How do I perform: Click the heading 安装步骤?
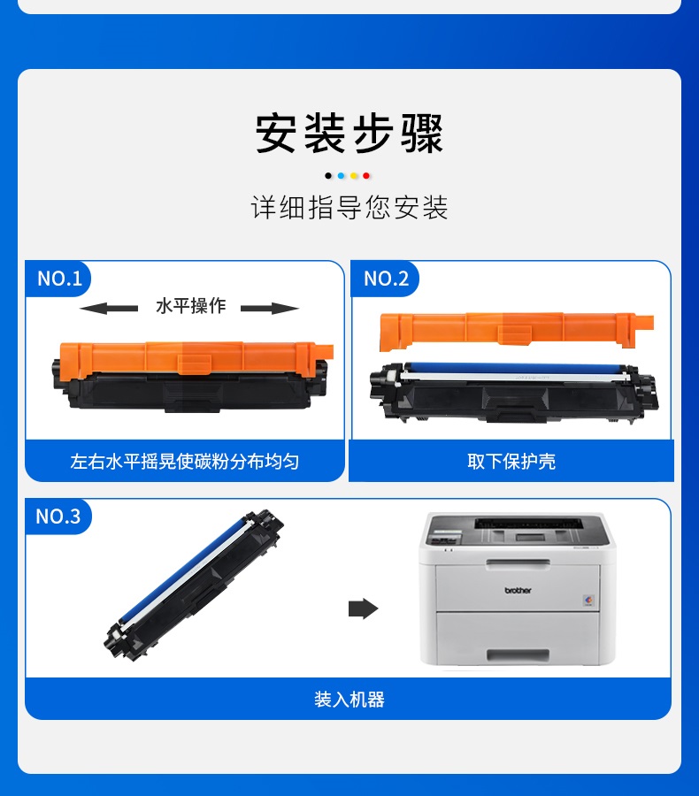coord(349,134)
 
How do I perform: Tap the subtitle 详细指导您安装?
coord(349,207)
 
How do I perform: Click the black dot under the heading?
coord(328,176)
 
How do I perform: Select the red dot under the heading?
coord(366,176)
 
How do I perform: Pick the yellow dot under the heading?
coord(354,176)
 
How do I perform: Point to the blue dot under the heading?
coord(341,176)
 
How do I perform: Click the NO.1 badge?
coord(59,279)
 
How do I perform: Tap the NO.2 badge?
coord(386,279)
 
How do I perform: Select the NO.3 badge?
coord(58,517)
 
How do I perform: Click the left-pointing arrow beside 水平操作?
coord(109,308)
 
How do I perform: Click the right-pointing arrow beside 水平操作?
coord(270,308)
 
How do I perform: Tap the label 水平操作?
coord(190,306)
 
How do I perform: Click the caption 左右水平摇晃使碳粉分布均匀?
coord(184,462)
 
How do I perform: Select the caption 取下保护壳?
coord(511,462)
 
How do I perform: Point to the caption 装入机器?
coord(349,700)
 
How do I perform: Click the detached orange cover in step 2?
coord(517,331)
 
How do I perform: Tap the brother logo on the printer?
coord(518,591)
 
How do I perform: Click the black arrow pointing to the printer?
coord(364,608)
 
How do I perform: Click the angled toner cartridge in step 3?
coord(194,585)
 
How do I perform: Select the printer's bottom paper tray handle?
coord(518,654)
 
